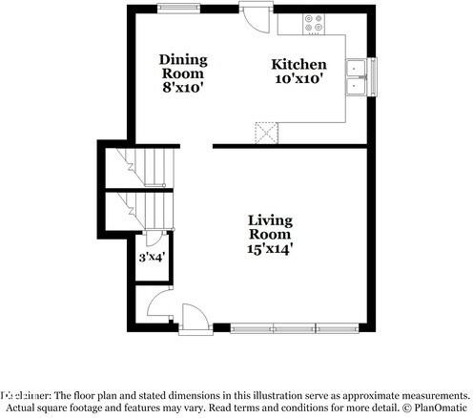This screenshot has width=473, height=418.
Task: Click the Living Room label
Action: (x=271, y=226)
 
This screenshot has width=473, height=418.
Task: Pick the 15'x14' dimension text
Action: (x=271, y=249)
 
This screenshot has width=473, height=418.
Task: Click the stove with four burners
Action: (x=314, y=23)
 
